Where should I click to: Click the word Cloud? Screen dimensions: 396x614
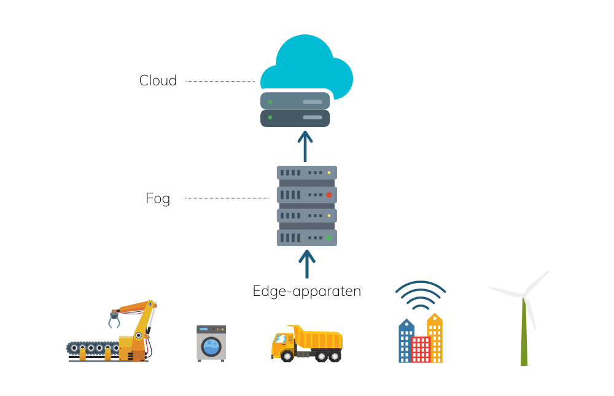[158, 80]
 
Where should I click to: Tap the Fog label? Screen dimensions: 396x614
[158, 198]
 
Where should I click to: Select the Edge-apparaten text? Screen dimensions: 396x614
[306, 290]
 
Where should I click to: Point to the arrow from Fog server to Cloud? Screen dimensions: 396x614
[305, 146]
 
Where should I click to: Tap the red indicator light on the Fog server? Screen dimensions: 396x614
[328, 195]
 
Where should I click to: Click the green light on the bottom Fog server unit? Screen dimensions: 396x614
[328, 238]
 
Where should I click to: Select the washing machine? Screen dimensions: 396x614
[211, 343]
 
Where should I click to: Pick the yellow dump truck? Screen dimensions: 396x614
[307, 343]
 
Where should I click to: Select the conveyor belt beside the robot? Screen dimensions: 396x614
[92, 348]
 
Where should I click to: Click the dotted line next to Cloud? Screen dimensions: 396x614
[219, 81]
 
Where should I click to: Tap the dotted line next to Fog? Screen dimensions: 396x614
[227, 198]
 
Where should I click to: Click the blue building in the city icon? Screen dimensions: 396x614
[406, 341]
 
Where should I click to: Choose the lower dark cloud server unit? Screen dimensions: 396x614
[295, 118]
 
